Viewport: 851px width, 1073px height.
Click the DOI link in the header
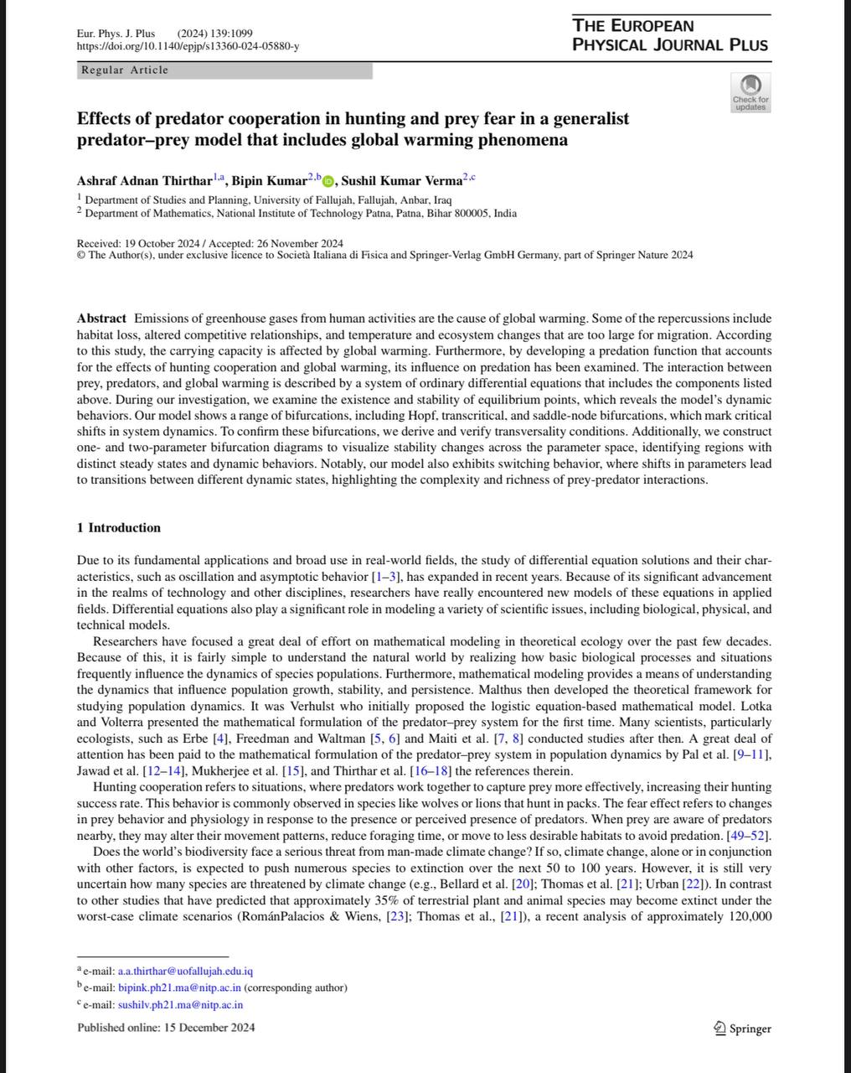click(188, 46)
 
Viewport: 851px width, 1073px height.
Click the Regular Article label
click(125, 70)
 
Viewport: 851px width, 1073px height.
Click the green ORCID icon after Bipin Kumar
click(328, 181)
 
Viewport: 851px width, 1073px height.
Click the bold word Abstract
click(101, 319)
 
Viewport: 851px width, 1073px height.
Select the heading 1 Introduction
click(118, 527)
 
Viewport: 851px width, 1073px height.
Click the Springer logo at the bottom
click(742, 1029)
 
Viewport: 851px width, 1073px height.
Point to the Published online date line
click(166, 1028)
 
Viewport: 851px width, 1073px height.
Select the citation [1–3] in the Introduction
click(385, 577)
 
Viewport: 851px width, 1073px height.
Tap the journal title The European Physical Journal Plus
click(670, 35)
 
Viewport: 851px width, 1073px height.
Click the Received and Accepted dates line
click(209, 243)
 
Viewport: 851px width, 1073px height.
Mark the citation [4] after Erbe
click(224, 739)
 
